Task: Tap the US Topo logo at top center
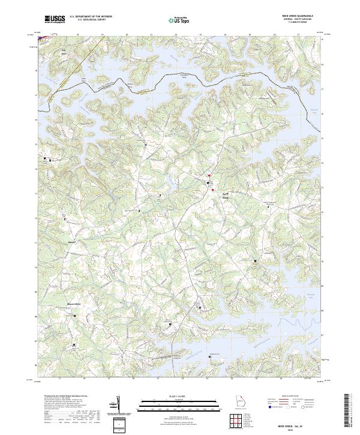coord(178,20)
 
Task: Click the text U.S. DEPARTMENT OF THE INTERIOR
coord(91,17)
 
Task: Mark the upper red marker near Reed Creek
coord(209,176)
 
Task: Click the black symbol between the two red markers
coord(209,182)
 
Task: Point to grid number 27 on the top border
coord(298,35)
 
